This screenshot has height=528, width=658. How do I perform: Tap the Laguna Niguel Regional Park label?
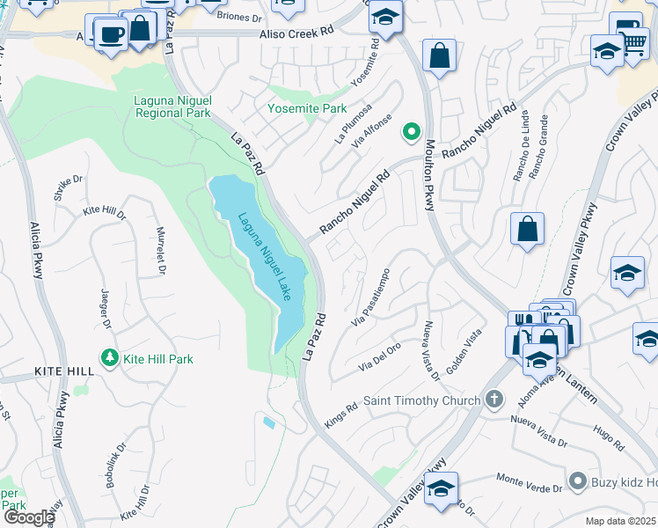click(172, 106)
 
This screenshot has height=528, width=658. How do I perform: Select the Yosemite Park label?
click(308, 108)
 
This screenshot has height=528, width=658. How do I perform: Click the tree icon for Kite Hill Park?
click(110, 358)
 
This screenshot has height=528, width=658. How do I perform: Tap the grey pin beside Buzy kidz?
click(577, 481)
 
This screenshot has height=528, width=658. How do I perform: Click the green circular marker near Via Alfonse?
click(410, 132)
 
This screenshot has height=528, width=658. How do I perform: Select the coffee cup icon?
click(111, 35)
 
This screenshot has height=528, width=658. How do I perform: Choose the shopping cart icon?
click(635, 42)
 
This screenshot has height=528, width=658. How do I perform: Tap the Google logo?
click(28, 517)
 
